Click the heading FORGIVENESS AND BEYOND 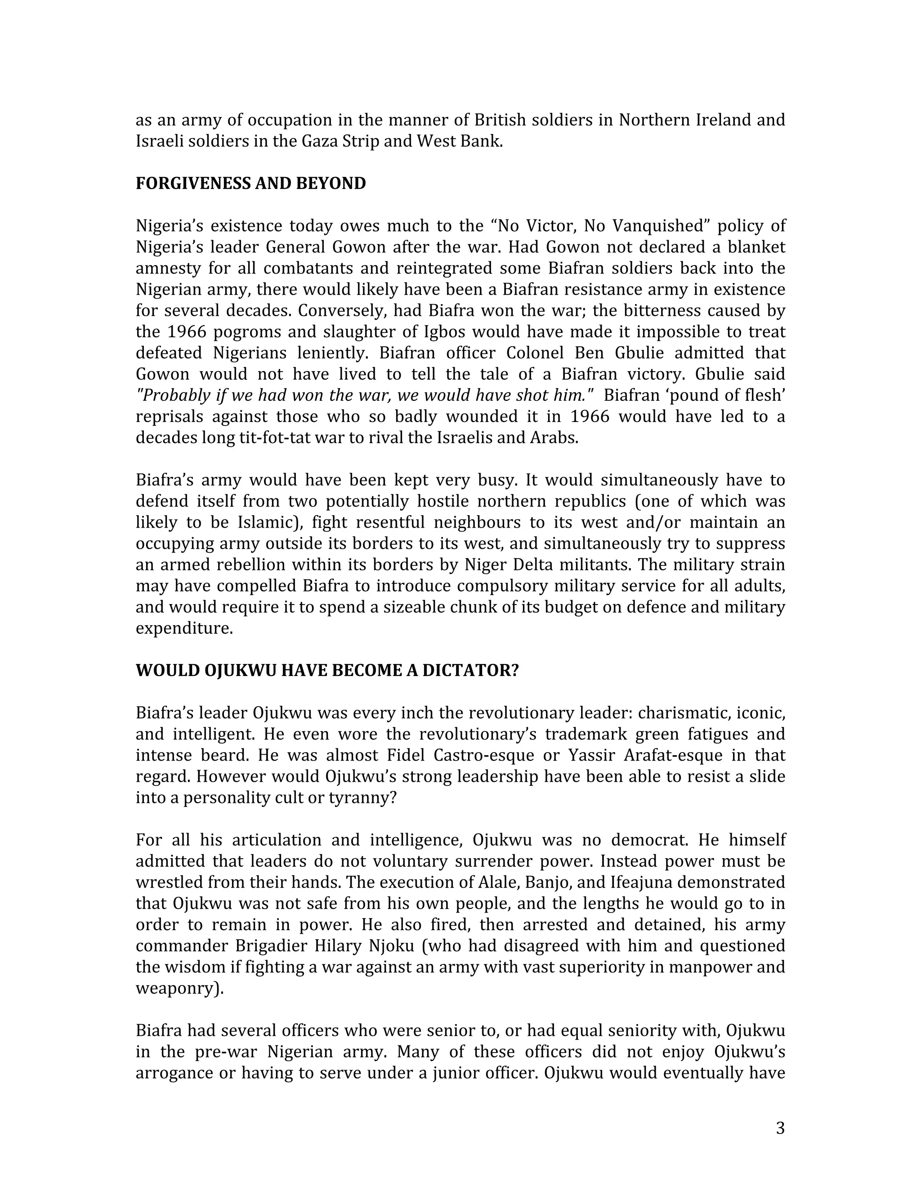click(250, 184)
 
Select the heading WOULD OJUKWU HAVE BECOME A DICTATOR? click(327, 670)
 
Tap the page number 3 click(780, 1128)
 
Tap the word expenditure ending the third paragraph click(183, 628)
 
